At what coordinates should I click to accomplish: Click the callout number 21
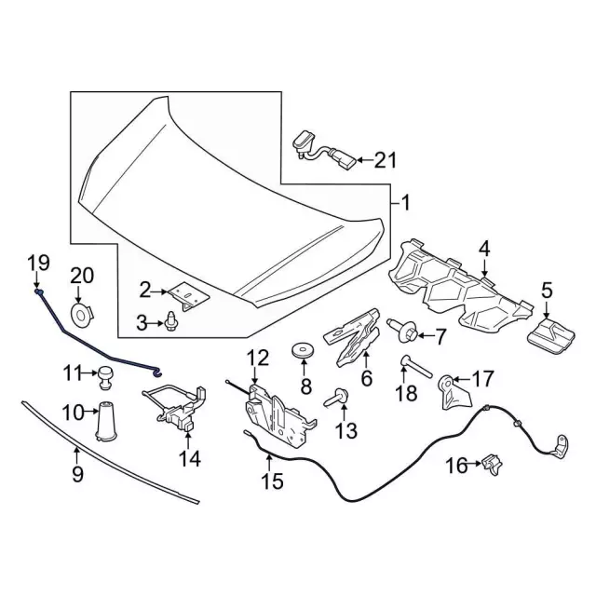(x=385, y=160)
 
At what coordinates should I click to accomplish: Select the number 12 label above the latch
(x=257, y=357)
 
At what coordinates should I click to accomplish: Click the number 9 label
(x=78, y=474)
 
